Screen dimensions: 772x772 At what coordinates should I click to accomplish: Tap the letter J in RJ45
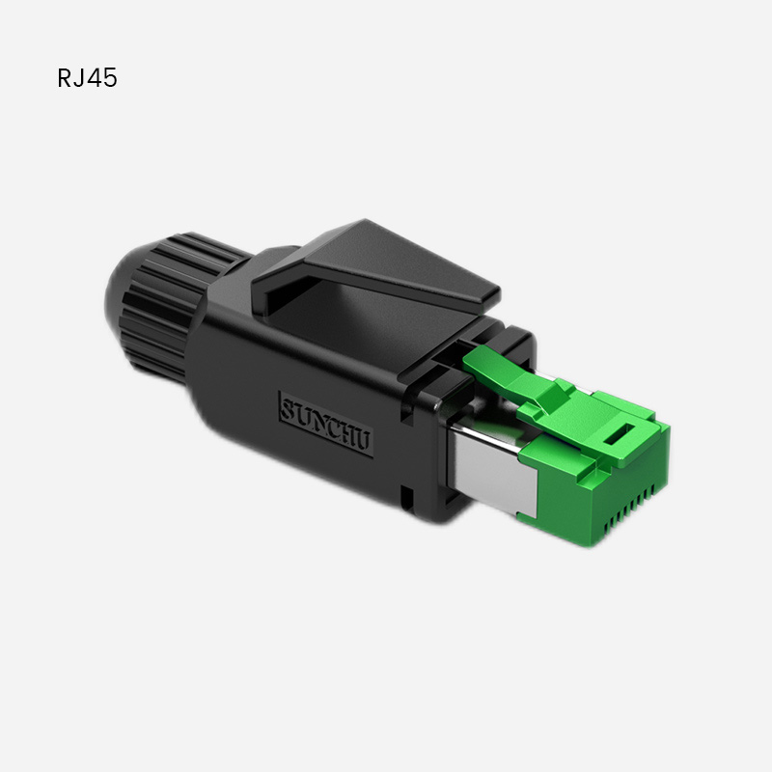[80, 78]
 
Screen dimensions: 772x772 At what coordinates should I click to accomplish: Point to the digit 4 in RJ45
[94, 78]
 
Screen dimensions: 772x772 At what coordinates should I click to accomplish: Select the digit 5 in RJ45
[109, 78]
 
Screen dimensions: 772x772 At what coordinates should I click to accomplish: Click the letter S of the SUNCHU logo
[286, 408]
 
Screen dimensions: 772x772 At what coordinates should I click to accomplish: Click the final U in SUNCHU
[364, 441]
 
